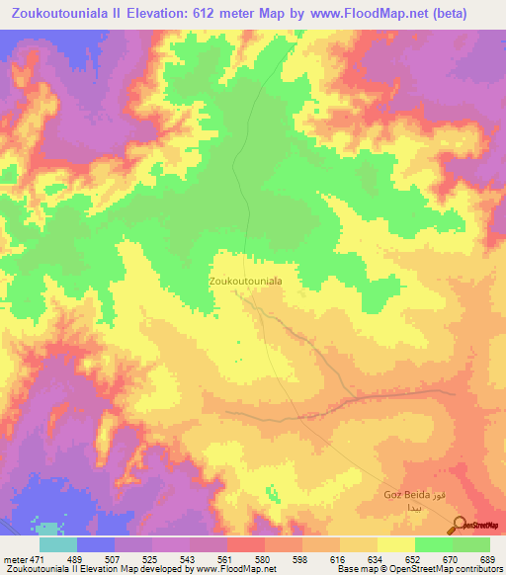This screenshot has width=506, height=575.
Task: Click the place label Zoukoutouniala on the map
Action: point(247,282)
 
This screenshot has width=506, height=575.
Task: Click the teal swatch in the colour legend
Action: point(58,544)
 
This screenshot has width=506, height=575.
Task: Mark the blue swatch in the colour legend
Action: point(96,544)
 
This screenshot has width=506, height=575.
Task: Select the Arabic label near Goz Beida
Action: point(417,499)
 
